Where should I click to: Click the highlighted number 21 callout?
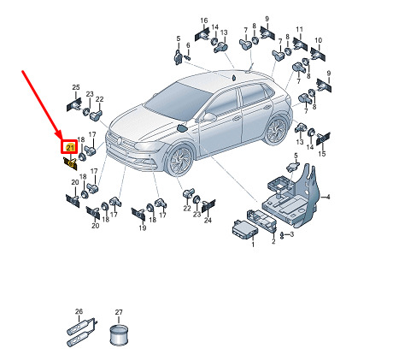[70, 148]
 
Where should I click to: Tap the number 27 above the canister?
[119, 312]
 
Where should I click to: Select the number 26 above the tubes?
[79, 311]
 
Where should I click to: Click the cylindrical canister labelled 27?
[119, 334]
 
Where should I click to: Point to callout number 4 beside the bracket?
[328, 197]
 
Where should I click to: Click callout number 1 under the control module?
[253, 244]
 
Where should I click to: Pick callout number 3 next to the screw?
[292, 234]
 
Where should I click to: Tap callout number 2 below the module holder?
[273, 241]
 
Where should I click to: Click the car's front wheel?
[179, 161]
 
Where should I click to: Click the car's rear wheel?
[277, 130]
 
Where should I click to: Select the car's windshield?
[179, 101]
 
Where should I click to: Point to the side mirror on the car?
[209, 117]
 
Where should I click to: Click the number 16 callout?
[204, 21]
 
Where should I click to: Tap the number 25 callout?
[76, 87]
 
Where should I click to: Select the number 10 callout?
[318, 40]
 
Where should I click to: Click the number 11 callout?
[299, 29]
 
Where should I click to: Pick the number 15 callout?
[322, 154]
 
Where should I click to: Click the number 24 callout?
[208, 220]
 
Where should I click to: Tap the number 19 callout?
[143, 227]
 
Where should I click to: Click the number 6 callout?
[188, 45]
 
